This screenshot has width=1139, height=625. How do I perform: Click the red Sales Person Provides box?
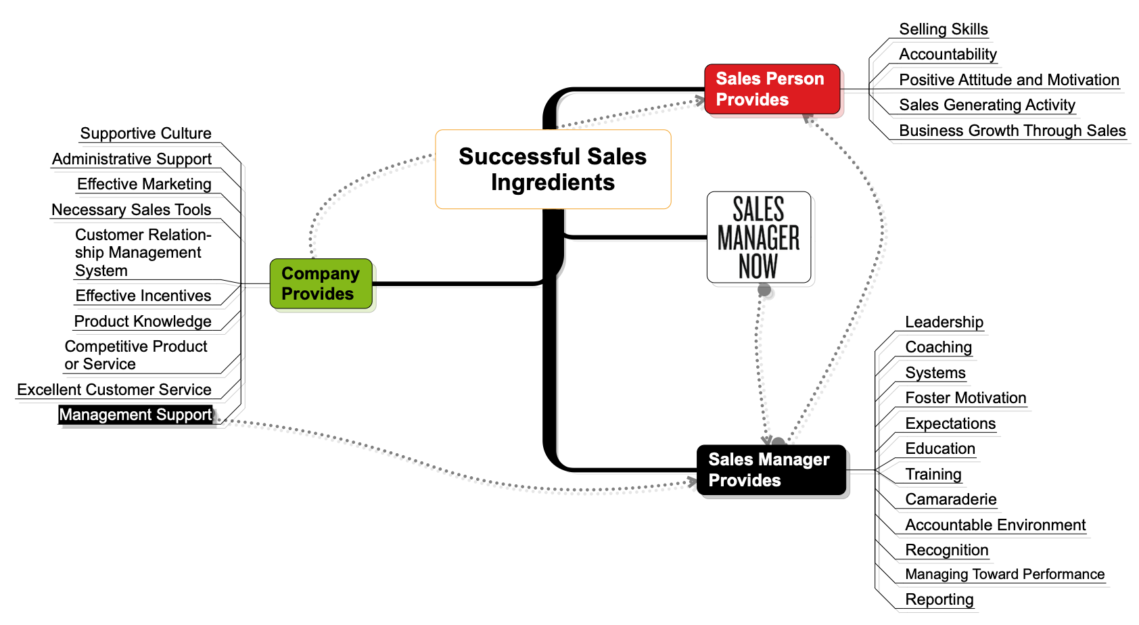coord(772,89)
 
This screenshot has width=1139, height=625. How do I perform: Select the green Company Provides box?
coord(321,283)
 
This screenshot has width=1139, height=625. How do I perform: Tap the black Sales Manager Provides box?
coord(771,470)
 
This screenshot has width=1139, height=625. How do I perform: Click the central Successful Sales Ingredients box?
coord(553,169)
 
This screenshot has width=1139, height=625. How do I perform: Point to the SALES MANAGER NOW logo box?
coord(758,237)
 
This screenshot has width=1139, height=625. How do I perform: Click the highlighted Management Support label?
coord(135,415)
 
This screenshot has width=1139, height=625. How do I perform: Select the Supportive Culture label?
coord(145,133)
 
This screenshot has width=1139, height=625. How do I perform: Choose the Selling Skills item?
coord(943,29)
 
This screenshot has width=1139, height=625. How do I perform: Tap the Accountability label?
coord(947,54)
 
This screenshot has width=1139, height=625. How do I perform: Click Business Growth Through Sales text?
coord(1012,131)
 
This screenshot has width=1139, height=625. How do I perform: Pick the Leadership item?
coord(944,322)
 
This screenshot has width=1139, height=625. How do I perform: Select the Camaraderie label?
coord(950,499)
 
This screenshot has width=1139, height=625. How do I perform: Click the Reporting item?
coord(939,599)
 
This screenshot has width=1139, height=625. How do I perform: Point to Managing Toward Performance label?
coord(1004,574)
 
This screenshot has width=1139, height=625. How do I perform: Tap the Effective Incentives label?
coord(143,296)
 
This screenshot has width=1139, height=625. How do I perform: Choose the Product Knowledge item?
coord(143,321)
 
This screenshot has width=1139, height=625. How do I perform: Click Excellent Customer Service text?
coord(114,390)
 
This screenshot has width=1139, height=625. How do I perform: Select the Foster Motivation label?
coord(965,398)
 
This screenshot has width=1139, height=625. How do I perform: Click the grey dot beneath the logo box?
coord(764,290)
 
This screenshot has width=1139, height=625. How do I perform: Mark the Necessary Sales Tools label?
coord(131,210)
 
